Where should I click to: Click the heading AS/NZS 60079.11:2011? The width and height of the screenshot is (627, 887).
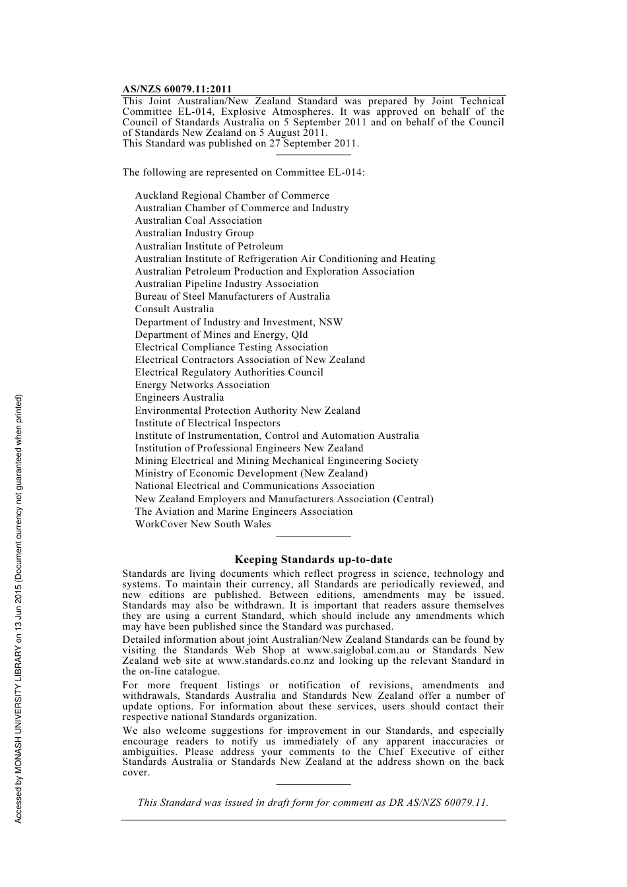pos(177,90)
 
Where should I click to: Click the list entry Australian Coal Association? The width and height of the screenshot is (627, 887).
pos(198,220)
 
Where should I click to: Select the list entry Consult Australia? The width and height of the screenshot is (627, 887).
pos(174,309)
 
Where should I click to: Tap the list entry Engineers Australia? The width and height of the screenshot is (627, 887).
pos(179,397)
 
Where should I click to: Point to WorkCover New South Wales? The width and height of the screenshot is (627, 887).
pos(203,524)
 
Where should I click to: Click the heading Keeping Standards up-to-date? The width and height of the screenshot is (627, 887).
pos(313,560)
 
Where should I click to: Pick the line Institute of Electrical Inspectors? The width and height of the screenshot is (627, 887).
pos(207,423)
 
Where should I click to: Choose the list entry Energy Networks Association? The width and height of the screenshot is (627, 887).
pos(202,385)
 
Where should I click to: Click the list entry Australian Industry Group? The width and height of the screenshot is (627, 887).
pos(194,233)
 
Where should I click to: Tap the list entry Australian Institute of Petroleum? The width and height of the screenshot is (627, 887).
pos(209,246)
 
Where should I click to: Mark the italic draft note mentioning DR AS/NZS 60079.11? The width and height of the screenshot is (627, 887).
pos(313,803)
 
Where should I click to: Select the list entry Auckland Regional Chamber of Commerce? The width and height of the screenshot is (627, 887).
pos(232,195)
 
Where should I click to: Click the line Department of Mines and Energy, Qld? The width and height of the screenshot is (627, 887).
pos(221,335)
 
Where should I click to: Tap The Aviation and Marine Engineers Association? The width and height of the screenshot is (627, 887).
pos(244,511)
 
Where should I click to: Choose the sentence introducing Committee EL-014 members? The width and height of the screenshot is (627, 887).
pos(243,172)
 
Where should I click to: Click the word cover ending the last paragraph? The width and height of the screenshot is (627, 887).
pos(135,772)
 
